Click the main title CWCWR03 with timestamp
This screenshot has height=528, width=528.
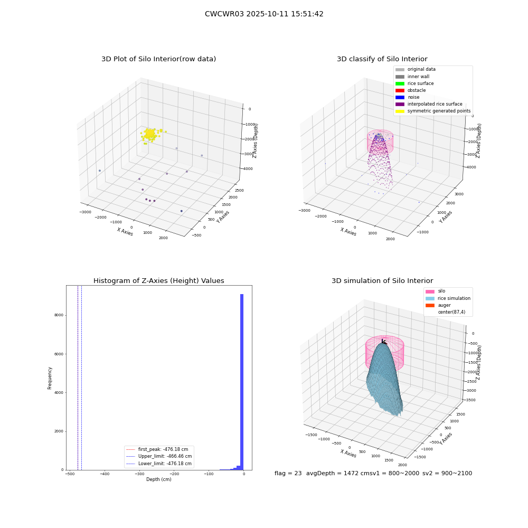click(x=264, y=14)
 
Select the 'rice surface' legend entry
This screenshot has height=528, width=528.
click(x=414, y=83)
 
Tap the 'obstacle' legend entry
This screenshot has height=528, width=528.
click(x=410, y=90)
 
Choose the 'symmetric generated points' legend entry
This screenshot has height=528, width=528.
click(x=433, y=111)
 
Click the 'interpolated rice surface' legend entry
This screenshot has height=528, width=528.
click(x=429, y=104)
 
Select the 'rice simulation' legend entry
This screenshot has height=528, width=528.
click(x=448, y=298)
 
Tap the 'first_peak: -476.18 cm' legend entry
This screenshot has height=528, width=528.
click(x=157, y=449)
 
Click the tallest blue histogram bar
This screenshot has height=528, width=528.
click(x=242, y=382)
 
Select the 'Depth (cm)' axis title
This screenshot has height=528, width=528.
click(x=159, y=479)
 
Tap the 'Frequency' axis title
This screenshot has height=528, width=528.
click(x=50, y=378)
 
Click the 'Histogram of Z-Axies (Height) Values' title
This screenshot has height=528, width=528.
click(x=158, y=280)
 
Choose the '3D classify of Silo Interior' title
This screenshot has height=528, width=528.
click(x=382, y=59)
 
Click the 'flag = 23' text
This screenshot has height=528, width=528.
click(x=288, y=473)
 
